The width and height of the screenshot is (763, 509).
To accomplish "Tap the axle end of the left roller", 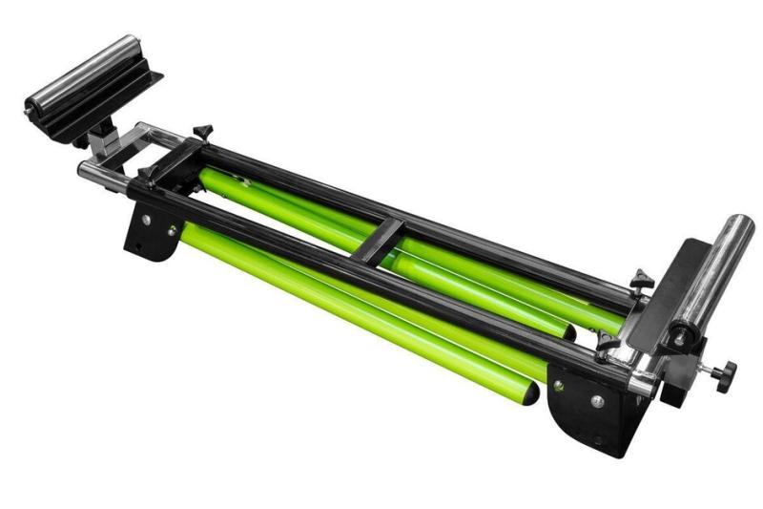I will pyautogui.click(x=32, y=104).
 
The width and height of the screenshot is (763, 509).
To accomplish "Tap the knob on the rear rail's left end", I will pyautogui.click(x=203, y=130).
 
